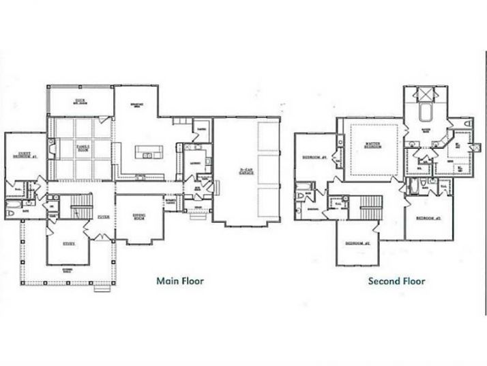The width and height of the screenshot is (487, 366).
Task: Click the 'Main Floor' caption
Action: point(180,280)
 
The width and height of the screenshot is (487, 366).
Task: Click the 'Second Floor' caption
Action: point(396,280)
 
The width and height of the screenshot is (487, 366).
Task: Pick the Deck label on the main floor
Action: point(79,102)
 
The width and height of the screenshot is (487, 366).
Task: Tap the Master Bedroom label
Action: point(372,145)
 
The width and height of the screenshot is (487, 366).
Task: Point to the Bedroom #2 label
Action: point(353,243)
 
